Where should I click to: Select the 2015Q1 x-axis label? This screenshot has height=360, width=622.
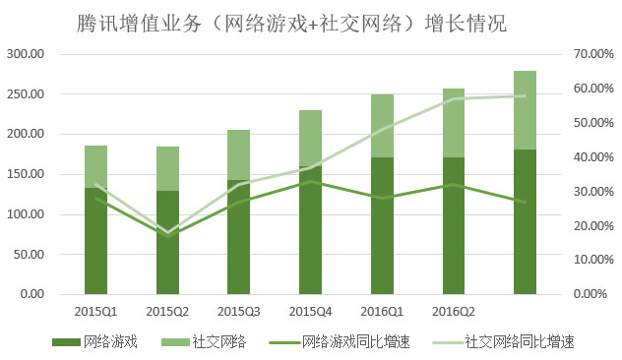tap(95, 311)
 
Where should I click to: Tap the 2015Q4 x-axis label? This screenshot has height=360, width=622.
tap(311, 311)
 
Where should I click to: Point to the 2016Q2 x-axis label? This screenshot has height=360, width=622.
tap(454, 311)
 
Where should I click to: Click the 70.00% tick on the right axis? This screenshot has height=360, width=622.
tap(593, 54)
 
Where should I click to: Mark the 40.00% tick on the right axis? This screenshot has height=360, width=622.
tap(593, 157)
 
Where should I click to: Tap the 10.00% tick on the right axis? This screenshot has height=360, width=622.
tap(593, 260)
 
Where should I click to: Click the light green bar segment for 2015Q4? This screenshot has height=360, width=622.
tap(311, 138)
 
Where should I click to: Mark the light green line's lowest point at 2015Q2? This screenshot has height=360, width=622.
tap(168, 232)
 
